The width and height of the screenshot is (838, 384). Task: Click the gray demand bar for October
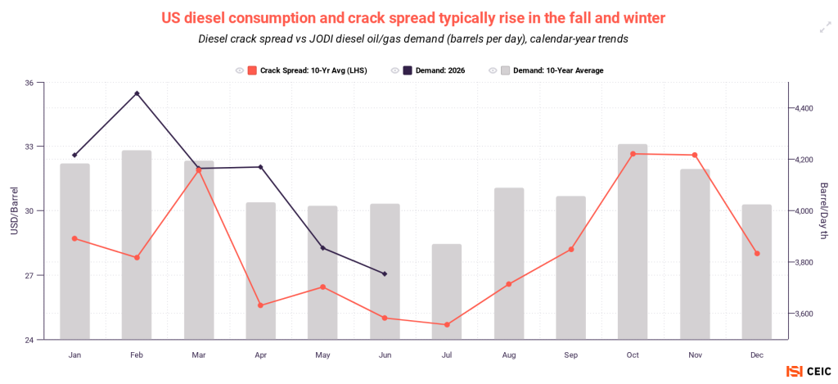[x=633, y=242]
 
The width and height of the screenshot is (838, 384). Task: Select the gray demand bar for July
[x=446, y=291]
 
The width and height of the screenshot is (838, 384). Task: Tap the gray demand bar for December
[x=757, y=272]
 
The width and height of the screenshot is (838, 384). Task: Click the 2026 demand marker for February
[x=137, y=93]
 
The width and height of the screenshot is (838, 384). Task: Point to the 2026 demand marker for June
[x=385, y=273]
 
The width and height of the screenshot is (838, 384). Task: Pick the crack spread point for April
[x=261, y=305]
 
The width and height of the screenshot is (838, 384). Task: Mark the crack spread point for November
[x=695, y=155]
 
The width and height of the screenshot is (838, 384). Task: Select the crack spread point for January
[x=74, y=238]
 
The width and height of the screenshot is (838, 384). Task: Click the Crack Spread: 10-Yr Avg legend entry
[x=308, y=70]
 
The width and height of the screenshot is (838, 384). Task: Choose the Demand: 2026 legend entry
[x=430, y=70]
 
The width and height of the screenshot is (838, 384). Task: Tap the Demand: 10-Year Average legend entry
[x=552, y=70]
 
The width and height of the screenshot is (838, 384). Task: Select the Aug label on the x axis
[x=509, y=355]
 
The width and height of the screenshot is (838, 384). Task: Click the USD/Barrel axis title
[x=14, y=210]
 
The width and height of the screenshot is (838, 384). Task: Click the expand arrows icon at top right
[x=826, y=28]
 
